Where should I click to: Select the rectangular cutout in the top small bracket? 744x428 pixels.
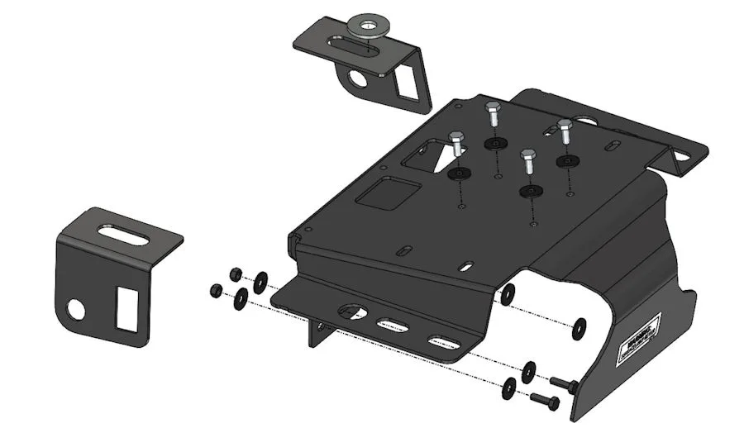pyautogui.click(x=407, y=82)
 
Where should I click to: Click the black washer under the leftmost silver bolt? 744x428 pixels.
pyautogui.click(x=458, y=174)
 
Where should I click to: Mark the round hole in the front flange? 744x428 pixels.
pyautogui.click(x=352, y=312)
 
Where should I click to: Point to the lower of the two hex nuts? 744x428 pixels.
pyautogui.click(x=217, y=290)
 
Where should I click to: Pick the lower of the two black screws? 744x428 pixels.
pyautogui.click(x=543, y=400)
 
